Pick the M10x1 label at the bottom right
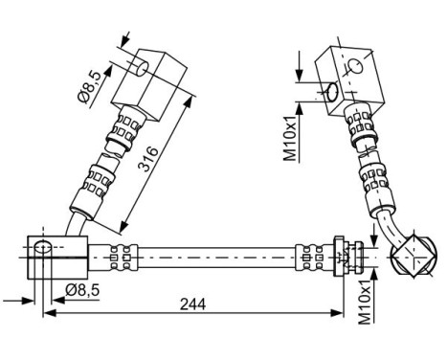[363, 300]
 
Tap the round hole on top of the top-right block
[355, 66]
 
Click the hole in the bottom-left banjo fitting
[42, 251]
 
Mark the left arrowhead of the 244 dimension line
[49, 312]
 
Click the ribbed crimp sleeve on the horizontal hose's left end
[118, 256]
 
